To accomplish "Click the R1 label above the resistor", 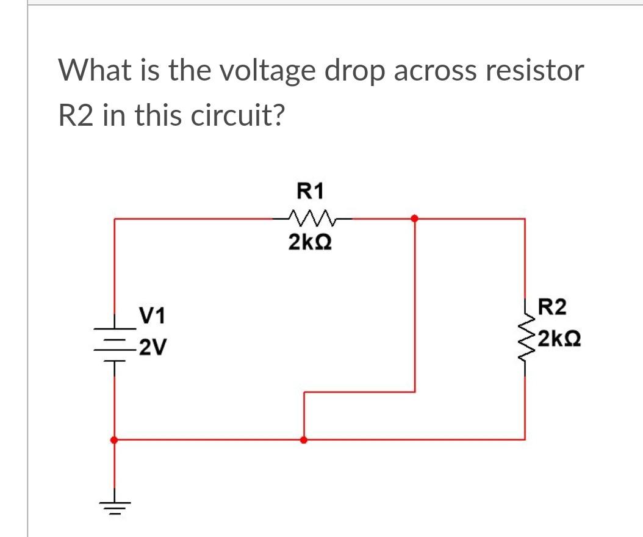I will click(309, 192).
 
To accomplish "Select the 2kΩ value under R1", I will click(309, 242).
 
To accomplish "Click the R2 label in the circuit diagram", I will click(552, 306).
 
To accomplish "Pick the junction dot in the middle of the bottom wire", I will click(303, 439).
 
